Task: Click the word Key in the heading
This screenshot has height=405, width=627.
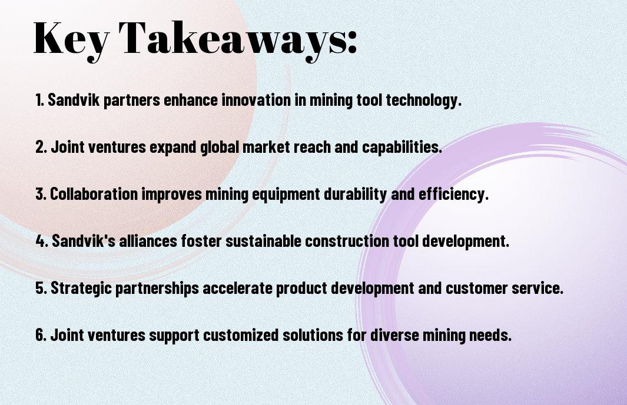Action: pos(71,40)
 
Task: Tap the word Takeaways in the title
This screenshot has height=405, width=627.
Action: pos(233,40)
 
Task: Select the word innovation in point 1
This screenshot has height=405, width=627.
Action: pos(256,99)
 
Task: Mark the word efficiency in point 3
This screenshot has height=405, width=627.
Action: pos(453,195)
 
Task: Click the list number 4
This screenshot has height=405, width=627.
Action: pos(41,241)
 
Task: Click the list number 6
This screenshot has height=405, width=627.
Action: pos(41,334)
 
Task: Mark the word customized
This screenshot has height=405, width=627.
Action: pos(241,334)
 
